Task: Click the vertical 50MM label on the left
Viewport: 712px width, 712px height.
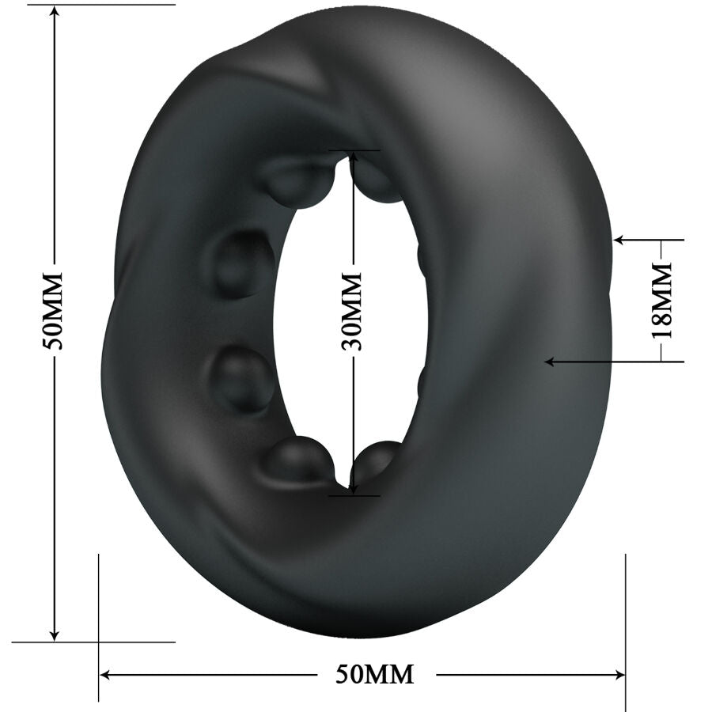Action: click(x=54, y=311)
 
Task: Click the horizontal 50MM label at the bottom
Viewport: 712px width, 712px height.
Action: click(x=375, y=674)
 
